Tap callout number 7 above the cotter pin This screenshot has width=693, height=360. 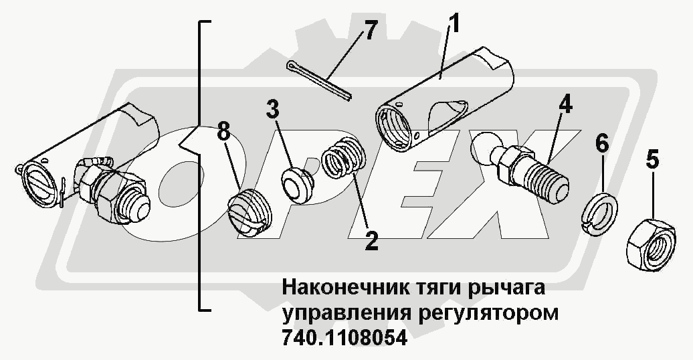pyautogui.click(x=370, y=31)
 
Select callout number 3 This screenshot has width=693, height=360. pyautogui.click(x=273, y=110)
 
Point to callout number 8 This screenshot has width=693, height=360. pyautogui.click(x=224, y=131)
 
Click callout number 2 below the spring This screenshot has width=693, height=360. pyautogui.click(x=371, y=240)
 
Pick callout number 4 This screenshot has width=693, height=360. pyautogui.click(x=565, y=105)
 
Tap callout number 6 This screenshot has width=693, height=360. pyautogui.click(x=601, y=143)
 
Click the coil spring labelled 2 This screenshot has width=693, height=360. pyautogui.click(x=344, y=157)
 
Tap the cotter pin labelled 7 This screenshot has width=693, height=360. pyautogui.click(x=318, y=80)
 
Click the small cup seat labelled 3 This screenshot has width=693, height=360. pyautogui.click(x=296, y=185)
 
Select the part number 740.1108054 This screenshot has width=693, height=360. pyautogui.click(x=344, y=338)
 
